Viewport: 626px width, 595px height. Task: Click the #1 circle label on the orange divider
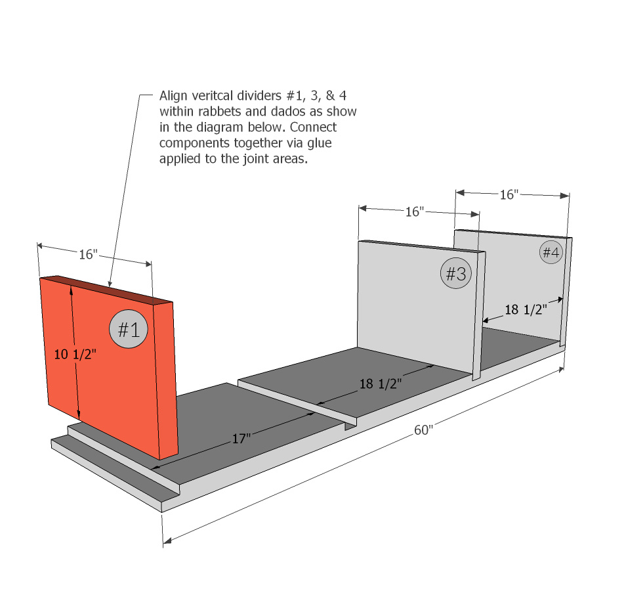(x=129, y=329)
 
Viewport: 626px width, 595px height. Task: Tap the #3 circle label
(x=456, y=273)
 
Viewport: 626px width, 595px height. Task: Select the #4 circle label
(x=551, y=252)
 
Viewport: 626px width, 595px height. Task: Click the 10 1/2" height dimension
(x=75, y=354)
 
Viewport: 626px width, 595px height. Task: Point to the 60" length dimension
(x=423, y=430)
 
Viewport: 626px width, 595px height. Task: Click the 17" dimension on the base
(x=241, y=439)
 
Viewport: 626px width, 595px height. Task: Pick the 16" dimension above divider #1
(x=88, y=254)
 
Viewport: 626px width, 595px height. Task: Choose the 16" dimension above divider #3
(x=415, y=211)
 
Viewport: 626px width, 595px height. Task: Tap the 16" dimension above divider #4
(x=509, y=194)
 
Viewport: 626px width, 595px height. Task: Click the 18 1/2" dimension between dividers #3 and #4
(x=526, y=310)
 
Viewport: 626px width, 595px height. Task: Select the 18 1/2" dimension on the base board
(x=381, y=384)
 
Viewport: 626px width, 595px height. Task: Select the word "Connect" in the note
(x=313, y=127)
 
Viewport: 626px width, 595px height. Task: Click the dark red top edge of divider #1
(x=106, y=288)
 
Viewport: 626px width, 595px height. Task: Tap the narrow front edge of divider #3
(x=479, y=316)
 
